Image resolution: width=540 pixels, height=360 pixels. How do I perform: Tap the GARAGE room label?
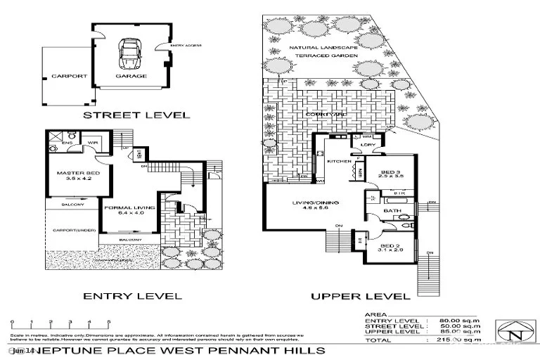[131, 76]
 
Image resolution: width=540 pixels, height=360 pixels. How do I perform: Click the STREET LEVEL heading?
[136, 115]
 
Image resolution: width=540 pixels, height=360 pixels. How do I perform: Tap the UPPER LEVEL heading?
[360, 296]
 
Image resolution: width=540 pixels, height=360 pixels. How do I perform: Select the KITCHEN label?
[339, 161]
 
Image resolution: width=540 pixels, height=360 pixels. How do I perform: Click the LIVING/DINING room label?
[316, 203]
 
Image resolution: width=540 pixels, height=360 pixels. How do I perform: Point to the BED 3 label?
[390, 172]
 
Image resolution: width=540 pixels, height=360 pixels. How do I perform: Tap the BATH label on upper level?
[392, 210]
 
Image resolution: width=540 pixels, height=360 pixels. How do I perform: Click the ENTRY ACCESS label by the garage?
[187, 46]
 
